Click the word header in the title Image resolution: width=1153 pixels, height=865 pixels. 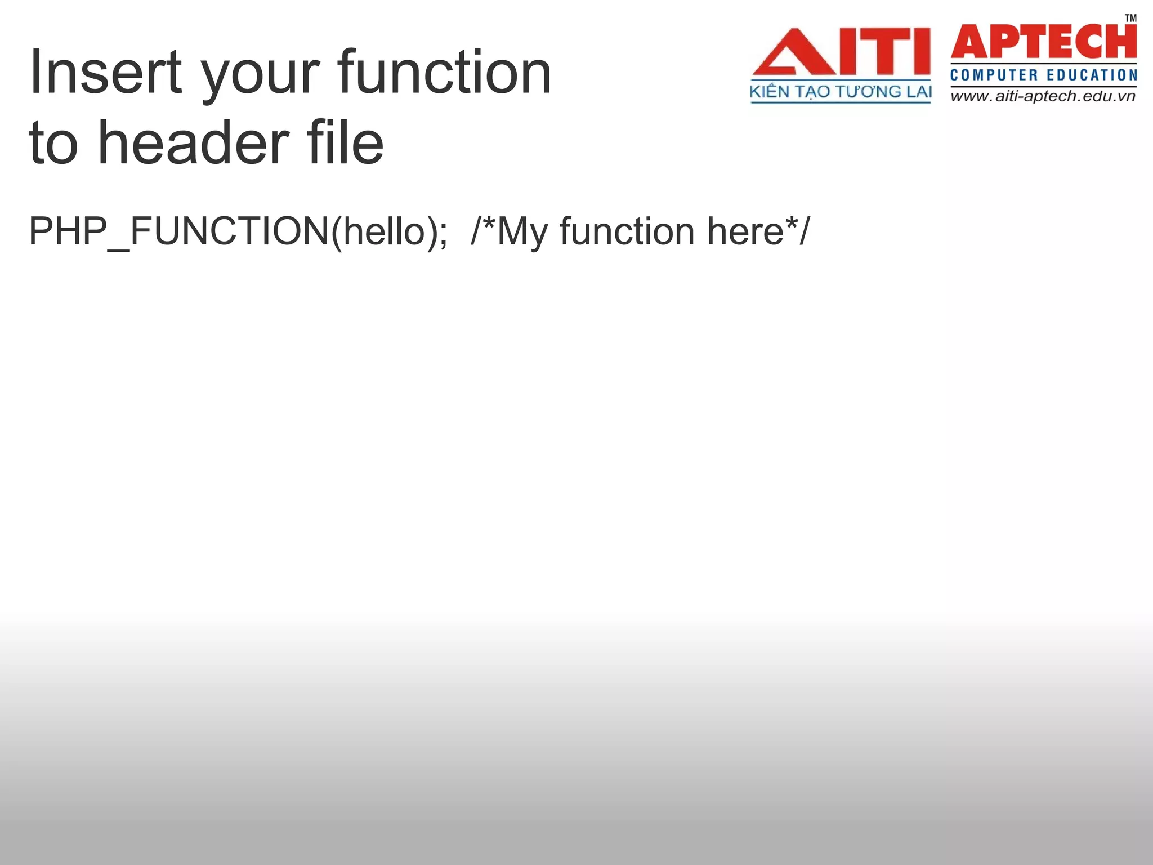pos(194,143)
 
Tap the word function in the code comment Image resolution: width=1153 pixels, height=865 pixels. pos(627,231)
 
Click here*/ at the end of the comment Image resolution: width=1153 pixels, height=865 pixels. pos(758,231)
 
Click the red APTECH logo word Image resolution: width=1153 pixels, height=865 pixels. pos(1043,42)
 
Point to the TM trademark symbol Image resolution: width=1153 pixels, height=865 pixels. pos(1130,18)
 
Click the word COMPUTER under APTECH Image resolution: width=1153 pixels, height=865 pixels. pos(994,75)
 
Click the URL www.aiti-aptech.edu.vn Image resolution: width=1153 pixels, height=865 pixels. pos(1043,96)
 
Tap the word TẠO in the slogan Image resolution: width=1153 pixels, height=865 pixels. pos(812,92)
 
